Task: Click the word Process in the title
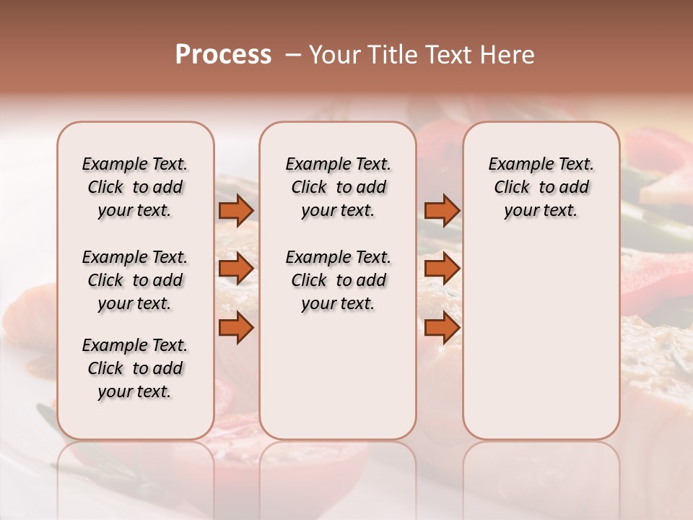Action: tap(223, 55)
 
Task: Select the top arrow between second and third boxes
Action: tap(442, 210)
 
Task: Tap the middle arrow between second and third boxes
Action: tap(442, 269)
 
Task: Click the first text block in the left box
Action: tap(135, 187)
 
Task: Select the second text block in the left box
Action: tap(135, 280)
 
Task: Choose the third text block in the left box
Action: tap(135, 368)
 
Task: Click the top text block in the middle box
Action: tap(338, 187)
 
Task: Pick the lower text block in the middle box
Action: tap(338, 280)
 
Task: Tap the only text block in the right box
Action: tap(541, 187)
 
